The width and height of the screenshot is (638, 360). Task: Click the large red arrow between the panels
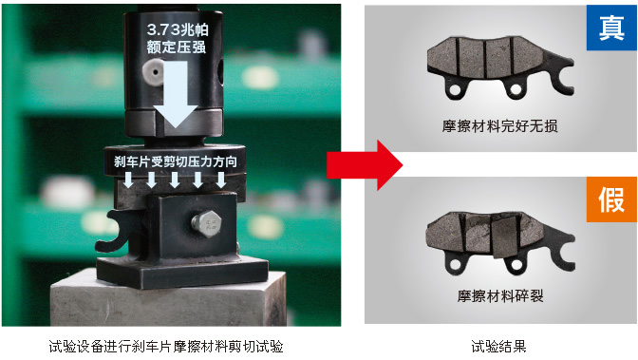coord(365,165)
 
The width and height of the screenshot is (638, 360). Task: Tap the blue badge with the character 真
coord(611,28)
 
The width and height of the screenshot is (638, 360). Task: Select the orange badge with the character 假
coord(611,199)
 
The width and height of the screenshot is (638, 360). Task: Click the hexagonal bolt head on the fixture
coord(207,223)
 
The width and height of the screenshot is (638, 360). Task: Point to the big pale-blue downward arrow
coord(176,94)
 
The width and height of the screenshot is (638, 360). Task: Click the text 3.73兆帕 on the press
coord(178,29)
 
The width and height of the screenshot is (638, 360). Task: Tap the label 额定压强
coord(177,47)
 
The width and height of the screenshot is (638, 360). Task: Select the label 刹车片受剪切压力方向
coord(176,161)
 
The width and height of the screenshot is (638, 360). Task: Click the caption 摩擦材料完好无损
coord(499,125)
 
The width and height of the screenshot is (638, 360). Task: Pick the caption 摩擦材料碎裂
coord(500,295)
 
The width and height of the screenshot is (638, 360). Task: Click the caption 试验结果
coord(498,347)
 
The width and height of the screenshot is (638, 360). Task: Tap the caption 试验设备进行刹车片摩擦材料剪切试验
coord(166,347)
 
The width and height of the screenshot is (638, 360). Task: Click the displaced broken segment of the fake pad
coord(503,237)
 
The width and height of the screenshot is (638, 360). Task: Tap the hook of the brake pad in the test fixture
coord(115,231)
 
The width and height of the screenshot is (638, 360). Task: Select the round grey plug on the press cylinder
coord(153,72)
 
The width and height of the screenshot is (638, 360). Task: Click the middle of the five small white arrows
coord(175,180)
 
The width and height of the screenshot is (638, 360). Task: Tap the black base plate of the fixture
coord(182,273)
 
